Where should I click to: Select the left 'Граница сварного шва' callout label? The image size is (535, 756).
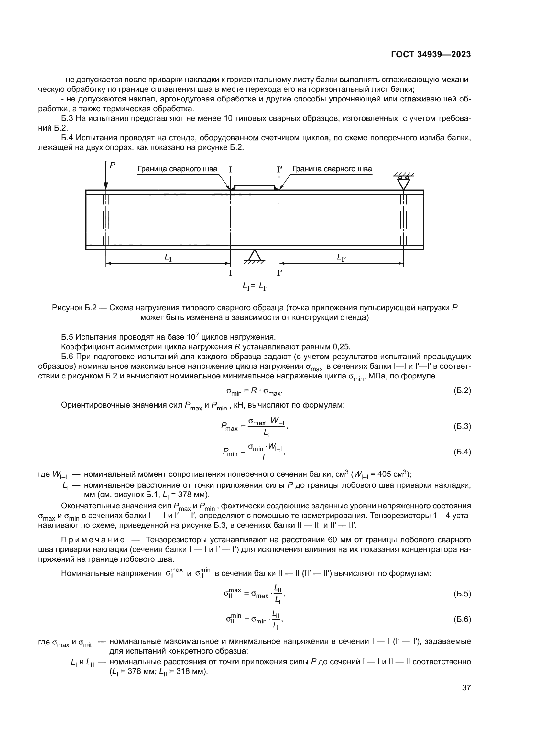177,169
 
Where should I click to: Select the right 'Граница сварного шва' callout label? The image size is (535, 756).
332,169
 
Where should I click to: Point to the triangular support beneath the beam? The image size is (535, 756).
254,257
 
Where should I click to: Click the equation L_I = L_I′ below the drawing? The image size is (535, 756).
255,287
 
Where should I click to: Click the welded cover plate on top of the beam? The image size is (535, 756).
254,187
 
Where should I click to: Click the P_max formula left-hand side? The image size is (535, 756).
229,427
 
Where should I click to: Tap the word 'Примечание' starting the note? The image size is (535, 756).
93,540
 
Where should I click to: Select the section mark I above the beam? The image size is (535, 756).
230,170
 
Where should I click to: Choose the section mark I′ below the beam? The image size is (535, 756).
280,273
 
